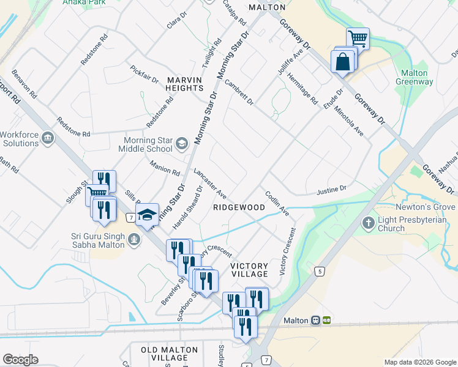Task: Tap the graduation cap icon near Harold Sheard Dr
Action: pyautogui.click(x=147, y=215)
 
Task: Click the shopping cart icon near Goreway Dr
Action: pyautogui.click(x=358, y=39)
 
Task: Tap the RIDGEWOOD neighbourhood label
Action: pyautogui.click(x=239, y=207)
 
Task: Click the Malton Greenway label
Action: pyautogui.click(x=415, y=77)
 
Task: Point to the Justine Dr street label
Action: pyautogui.click(x=332, y=190)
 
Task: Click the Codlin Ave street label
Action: pyautogui.click(x=277, y=203)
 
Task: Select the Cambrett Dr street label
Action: pyautogui.click(x=239, y=92)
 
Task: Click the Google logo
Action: pyautogui.click(x=20, y=360)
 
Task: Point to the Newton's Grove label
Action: pyautogui.click(x=429, y=207)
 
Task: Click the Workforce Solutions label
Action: pyautogui.click(x=19, y=139)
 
